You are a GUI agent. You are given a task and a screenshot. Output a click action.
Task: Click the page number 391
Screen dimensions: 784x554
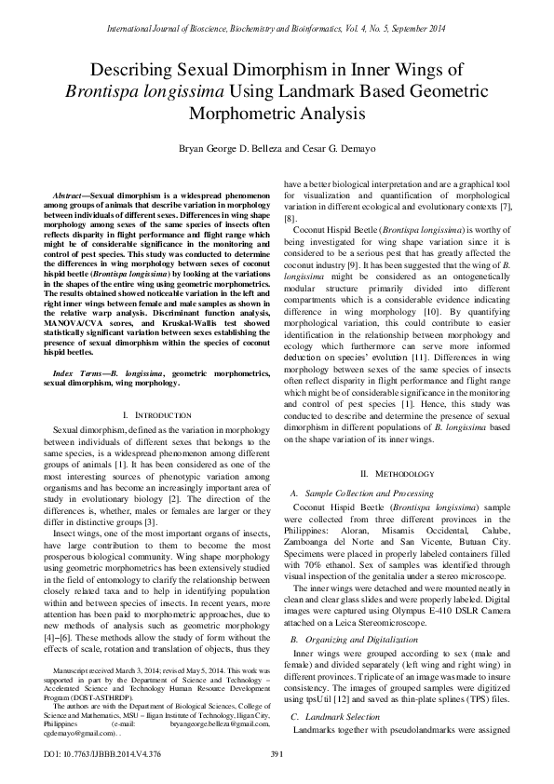[277, 753]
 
